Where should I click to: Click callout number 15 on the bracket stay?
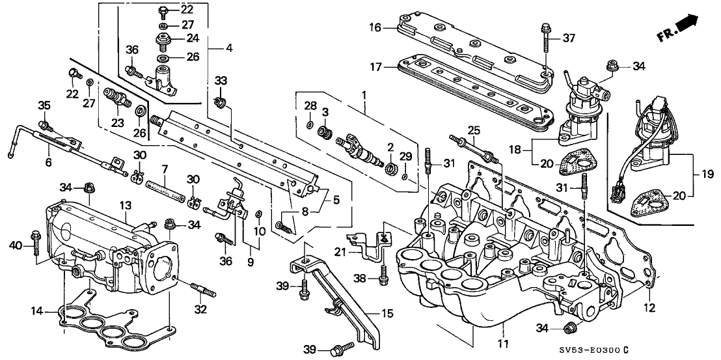click(388, 314)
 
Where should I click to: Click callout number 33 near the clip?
click(222, 81)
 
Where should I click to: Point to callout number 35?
click(44, 105)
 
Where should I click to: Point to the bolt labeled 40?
click(36, 245)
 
